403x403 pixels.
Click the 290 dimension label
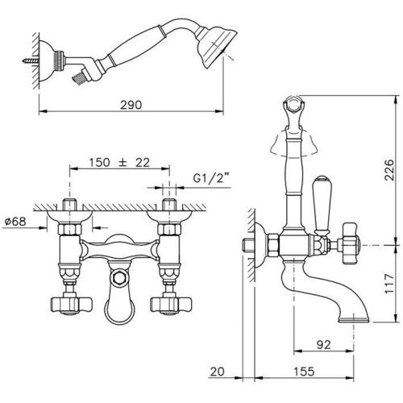(131, 105)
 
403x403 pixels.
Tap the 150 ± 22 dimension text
(119, 163)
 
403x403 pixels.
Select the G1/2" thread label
(212, 177)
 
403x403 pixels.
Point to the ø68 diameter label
(15, 222)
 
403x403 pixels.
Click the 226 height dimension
(388, 170)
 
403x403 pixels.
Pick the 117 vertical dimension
(389, 285)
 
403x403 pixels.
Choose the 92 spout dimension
(324, 345)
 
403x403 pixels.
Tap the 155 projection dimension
(304, 372)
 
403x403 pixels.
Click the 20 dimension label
(218, 372)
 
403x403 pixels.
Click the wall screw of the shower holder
(31, 61)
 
